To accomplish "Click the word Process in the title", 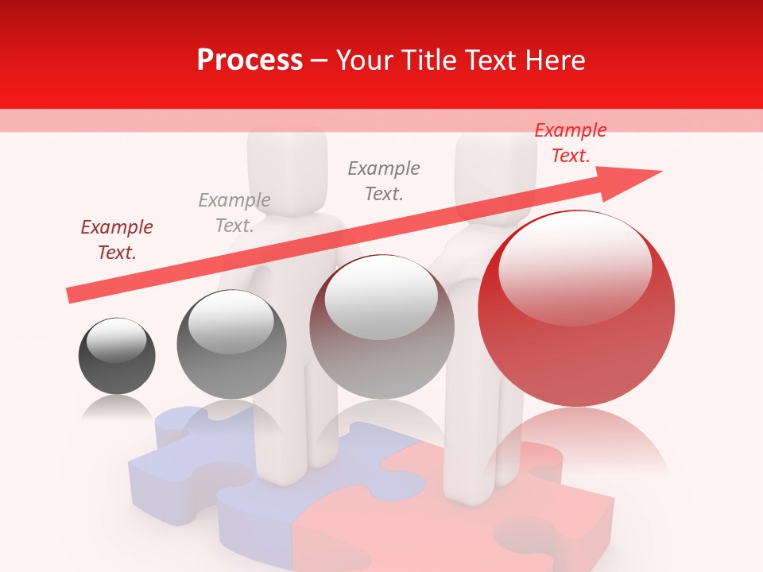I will [250, 60].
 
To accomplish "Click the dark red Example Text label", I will [117, 239].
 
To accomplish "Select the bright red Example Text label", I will [570, 143].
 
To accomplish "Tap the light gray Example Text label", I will [234, 212].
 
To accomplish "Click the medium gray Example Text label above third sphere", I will [384, 180].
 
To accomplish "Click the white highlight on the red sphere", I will [575, 266].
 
